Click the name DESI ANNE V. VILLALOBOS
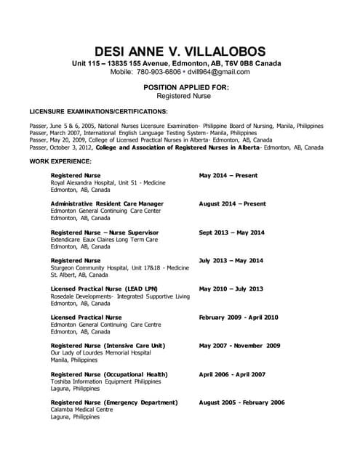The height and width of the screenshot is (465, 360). [x=180, y=51]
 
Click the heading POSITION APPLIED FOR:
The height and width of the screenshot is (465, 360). [x=180, y=87]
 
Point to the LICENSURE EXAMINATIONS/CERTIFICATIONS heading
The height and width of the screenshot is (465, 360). [x=98, y=112]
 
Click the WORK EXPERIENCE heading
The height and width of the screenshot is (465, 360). [x=60, y=161]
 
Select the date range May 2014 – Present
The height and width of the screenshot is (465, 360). [x=228, y=175]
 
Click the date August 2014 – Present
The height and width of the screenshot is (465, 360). [x=232, y=203]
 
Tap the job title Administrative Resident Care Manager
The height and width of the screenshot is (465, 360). [x=107, y=203]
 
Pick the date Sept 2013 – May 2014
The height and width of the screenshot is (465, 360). [x=231, y=232]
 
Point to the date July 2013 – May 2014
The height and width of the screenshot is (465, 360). [x=231, y=260]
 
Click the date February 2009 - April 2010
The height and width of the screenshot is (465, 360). [x=239, y=318]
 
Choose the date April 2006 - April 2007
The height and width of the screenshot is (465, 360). [x=233, y=374]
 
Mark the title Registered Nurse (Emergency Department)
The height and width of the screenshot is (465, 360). [x=114, y=403]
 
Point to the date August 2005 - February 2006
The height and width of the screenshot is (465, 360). [x=242, y=403]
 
